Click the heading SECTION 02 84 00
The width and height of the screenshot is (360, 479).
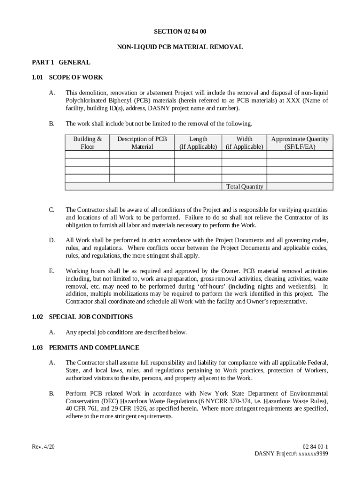pyautogui.click(x=180, y=31)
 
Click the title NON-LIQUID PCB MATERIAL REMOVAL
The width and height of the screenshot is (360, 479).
pyautogui.click(x=180, y=47)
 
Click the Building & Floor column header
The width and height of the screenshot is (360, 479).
pyautogui.click(x=87, y=143)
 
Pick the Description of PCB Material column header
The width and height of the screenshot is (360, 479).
pyautogui.click(x=142, y=143)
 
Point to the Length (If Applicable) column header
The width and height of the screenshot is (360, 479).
pyautogui.click(x=198, y=143)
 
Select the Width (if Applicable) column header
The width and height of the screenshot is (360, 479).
pyautogui.click(x=245, y=143)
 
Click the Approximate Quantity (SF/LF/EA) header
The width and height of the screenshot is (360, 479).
pyautogui.click(x=300, y=143)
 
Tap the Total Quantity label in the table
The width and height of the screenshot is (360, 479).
pyautogui.click(x=245, y=187)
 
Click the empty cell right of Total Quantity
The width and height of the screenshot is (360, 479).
pyautogui.click(x=300, y=187)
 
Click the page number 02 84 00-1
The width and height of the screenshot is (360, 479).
pyautogui.click(x=315, y=447)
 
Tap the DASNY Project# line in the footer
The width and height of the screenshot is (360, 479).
pyautogui.click(x=291, y=454)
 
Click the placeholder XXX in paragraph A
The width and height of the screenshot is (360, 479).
pyautogui.click(x=293, y=101)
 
